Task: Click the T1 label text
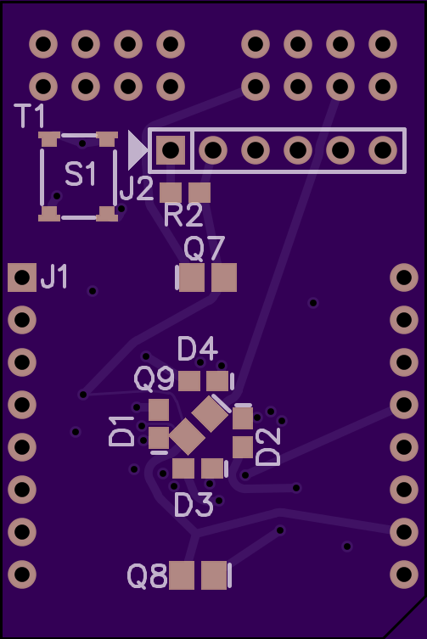30,115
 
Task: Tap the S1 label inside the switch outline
81,174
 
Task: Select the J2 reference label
137,188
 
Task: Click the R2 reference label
183,215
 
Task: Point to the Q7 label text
204,248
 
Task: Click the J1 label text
54,277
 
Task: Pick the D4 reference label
198,349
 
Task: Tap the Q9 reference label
155,378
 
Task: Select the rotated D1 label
121,431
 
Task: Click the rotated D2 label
268,446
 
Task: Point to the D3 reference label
194,505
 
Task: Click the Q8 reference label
147,576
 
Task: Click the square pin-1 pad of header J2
171,150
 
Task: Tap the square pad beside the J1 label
22,277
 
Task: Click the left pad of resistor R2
171,193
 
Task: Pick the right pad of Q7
224,277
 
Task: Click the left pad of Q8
182,575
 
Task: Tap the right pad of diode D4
217,381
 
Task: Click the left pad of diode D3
183,468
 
